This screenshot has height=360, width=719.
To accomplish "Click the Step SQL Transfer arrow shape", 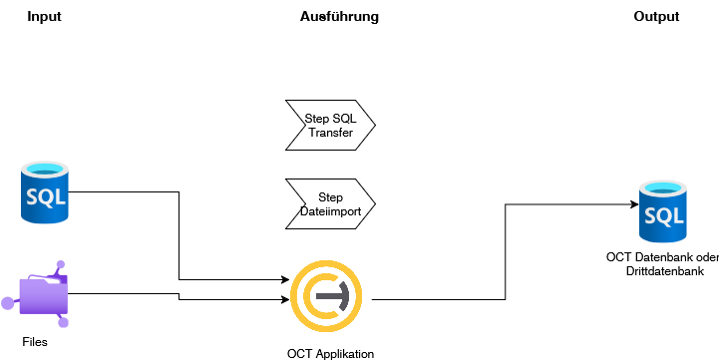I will (x=330, y=126).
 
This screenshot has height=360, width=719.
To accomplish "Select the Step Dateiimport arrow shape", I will (x=330, y=204).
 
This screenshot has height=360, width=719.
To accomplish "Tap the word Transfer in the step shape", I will (x=331, y=133).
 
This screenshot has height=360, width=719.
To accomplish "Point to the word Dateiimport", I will (x=330, y=211).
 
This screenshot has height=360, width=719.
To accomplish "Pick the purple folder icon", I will (x=44, y=296).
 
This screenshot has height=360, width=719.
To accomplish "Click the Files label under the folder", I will (x=35, y=342).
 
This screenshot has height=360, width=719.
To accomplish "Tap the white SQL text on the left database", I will (x=44, y=196).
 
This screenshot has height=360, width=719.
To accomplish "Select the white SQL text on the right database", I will (x=662, y=216).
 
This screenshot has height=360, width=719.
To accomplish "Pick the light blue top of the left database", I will (x=44, y=169).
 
